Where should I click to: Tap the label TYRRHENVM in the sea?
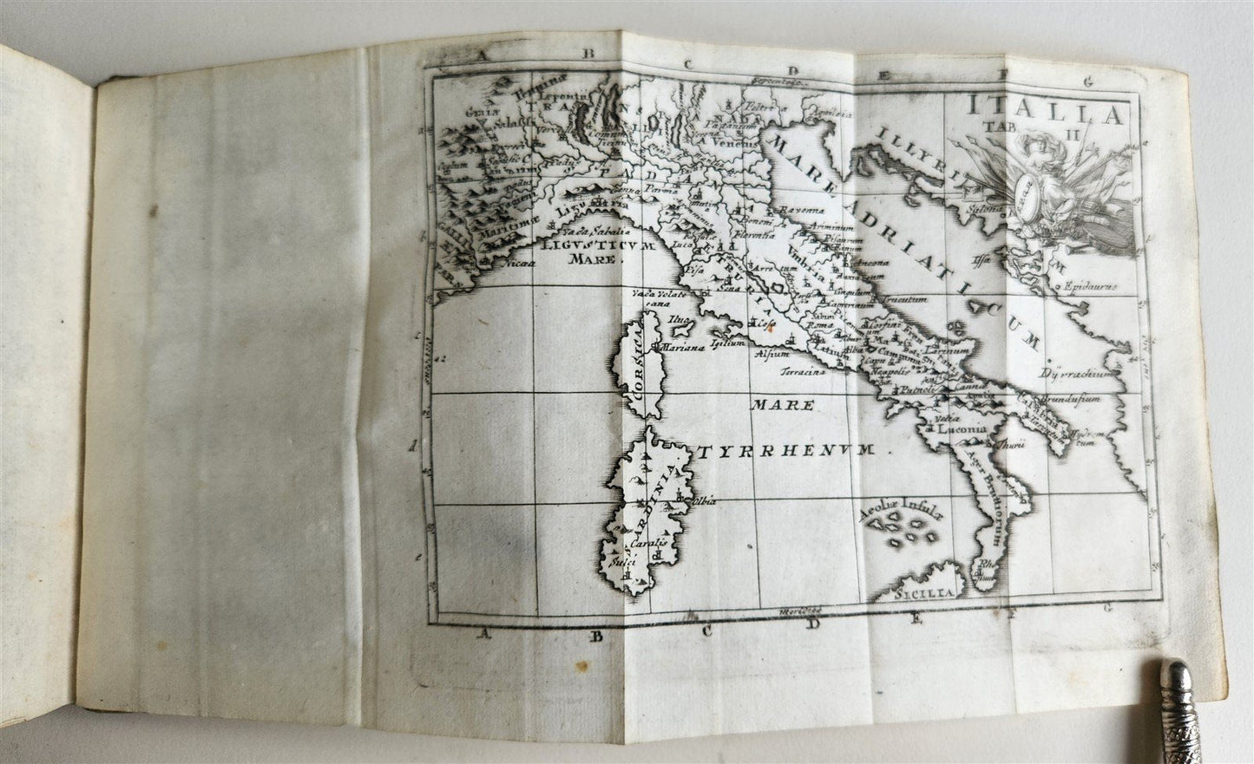[792, 452]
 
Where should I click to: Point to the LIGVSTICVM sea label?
[585, 246]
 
